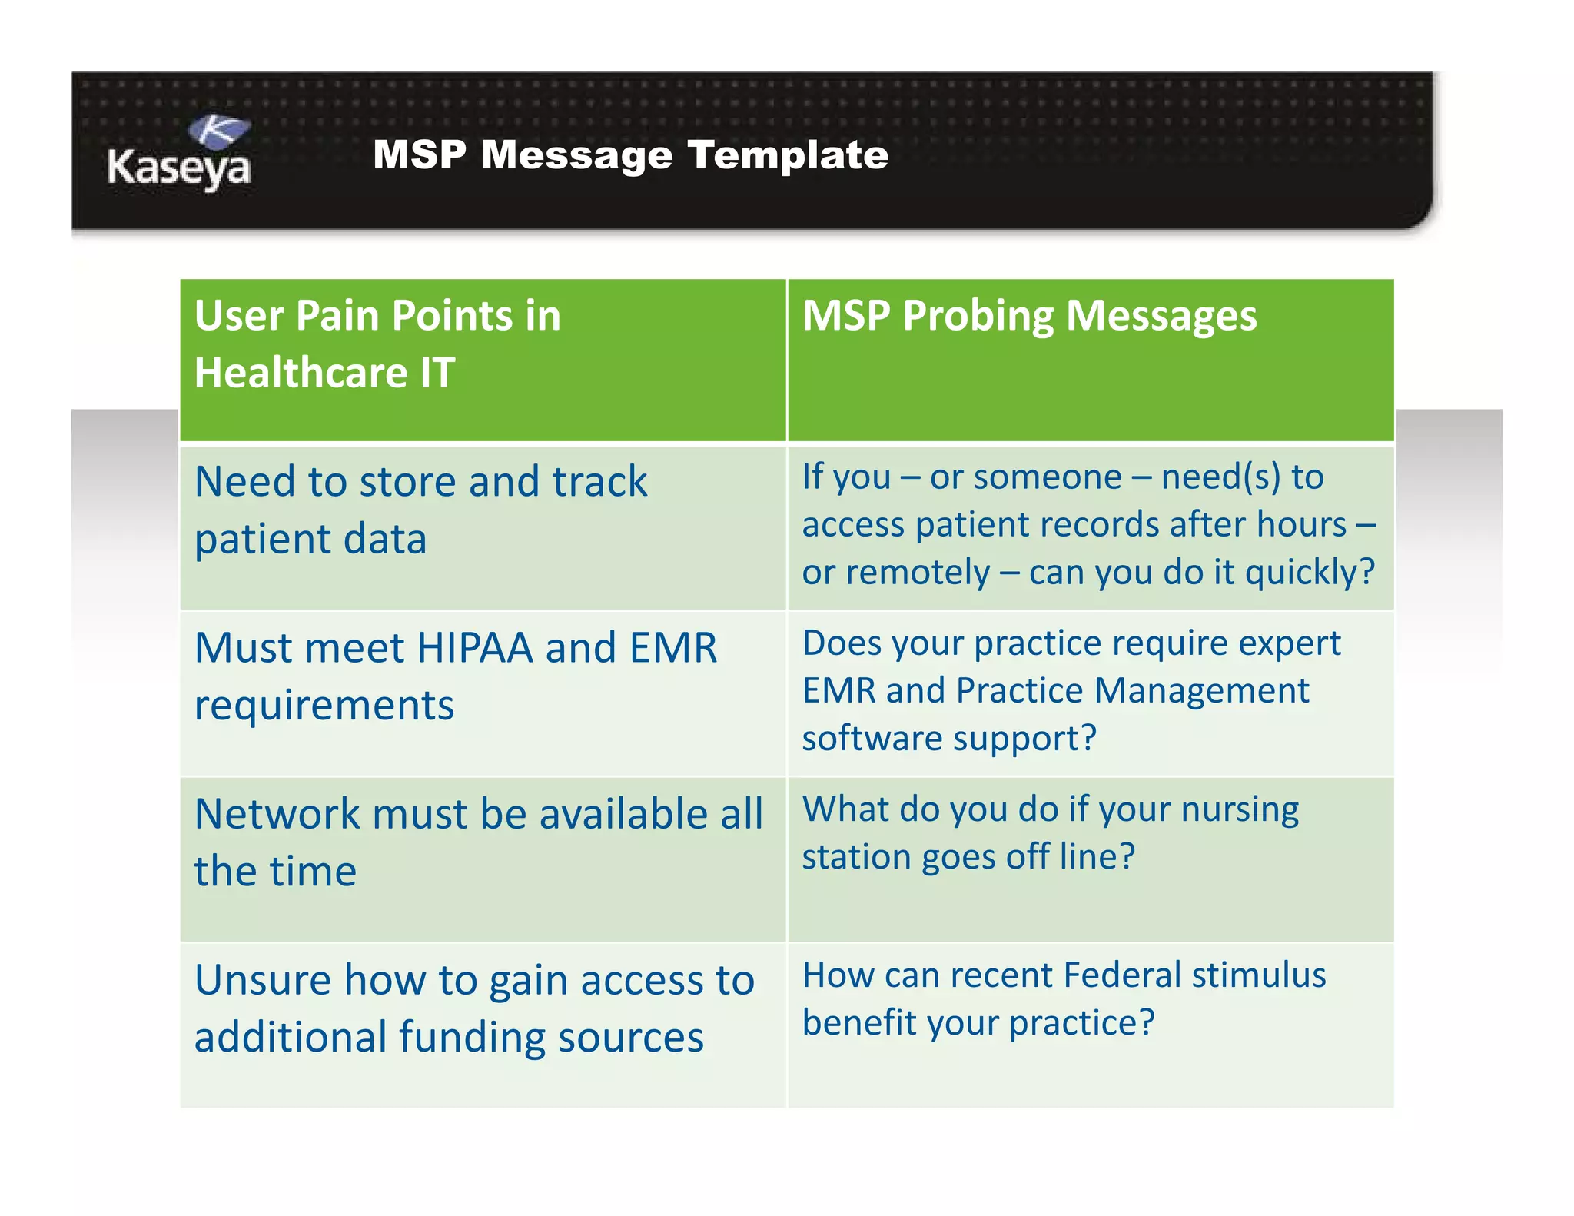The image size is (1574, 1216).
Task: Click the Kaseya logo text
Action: pyautogui.click(x=178, y=168)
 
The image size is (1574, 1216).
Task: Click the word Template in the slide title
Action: pyautogui.click(x=788, y=154)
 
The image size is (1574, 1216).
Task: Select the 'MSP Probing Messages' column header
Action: pyautogui.click(x=1029, y=316)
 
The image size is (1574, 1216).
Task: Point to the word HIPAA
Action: pyautogui.click(x=474, y=648)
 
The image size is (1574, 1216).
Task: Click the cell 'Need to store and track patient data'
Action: pyautogui.click(x=421, y=510)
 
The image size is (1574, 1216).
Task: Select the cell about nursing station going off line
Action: pyautogui.click(x=1050, y=833)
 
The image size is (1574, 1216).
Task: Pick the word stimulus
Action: pyautogui.click(x=1259, y=975)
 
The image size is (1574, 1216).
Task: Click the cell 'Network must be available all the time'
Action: pyautogui.click(x=478, y=842)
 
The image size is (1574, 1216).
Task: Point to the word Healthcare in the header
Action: pyautogui.click(x=301, y=373)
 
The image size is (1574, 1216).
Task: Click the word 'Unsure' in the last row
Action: pyautogui.click(x=262, y=980)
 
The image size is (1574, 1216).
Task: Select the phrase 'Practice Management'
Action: pyautogui.click(x=1132, y=690)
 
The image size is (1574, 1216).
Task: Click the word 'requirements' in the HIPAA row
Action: pyautogui.click(x=324, y=705)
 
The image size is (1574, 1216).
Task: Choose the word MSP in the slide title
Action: pyautogui.click(x=420, y=154)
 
